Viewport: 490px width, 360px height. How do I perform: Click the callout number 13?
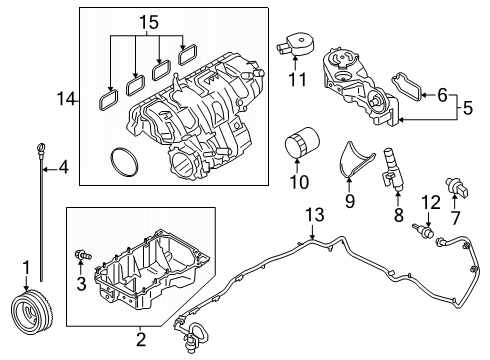[x=315, y=214]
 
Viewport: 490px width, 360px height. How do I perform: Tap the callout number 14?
[x=65, y=99]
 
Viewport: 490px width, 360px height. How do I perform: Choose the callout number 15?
[x=147, y=21]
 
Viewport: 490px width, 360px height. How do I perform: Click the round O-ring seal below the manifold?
[x=123, y=159]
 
